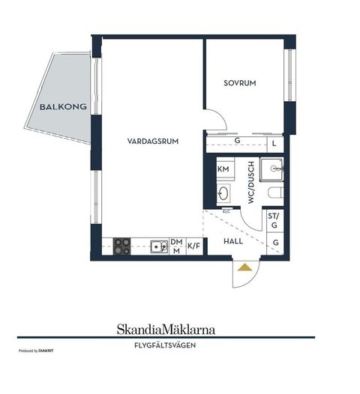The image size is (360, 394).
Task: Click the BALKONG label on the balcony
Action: pos(63,107)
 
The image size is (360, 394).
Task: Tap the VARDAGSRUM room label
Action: pos(153,142)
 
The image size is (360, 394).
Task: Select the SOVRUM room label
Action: pos(240,83)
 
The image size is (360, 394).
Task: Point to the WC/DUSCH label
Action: pos(251,182)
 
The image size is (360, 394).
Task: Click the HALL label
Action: pos(233,241)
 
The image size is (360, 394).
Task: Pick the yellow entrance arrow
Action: pos(244,267)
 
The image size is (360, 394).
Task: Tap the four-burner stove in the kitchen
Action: pos(121,246)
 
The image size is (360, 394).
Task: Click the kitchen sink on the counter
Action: pos(159,246)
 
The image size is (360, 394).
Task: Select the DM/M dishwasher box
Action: pos(177,246)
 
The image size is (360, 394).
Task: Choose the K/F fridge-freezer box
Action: pos(194,246)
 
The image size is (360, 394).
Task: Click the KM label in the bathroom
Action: pos(223,169)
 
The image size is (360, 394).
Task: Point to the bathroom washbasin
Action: pos(223,193)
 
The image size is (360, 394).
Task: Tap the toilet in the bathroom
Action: pos(276,193)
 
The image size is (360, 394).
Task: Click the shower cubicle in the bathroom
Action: pos(272,169)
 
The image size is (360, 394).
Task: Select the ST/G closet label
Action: pos(274,220)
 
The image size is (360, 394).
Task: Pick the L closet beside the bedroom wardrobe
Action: pos(274,144)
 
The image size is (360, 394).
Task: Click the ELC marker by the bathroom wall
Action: pos(226,211)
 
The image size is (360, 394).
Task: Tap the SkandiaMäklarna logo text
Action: pos(166,330)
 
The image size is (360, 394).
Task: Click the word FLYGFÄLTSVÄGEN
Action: pos(165,345)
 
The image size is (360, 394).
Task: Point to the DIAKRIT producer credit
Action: pos(46,351)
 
